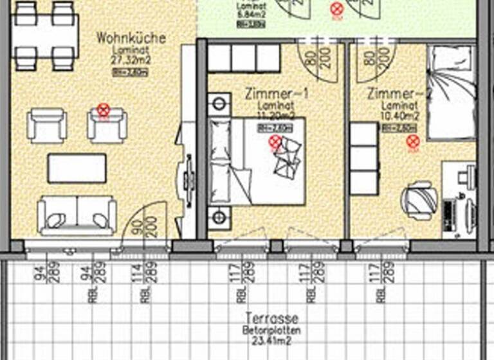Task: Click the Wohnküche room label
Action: (131, 39)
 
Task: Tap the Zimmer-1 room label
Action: (277, 94)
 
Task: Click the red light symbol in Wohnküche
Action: (103, 111)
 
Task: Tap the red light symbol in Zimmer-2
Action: (413, 142)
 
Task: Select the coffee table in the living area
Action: (77, 168)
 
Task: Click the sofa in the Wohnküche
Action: (77, 215)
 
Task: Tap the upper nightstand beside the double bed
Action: (219, 104)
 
